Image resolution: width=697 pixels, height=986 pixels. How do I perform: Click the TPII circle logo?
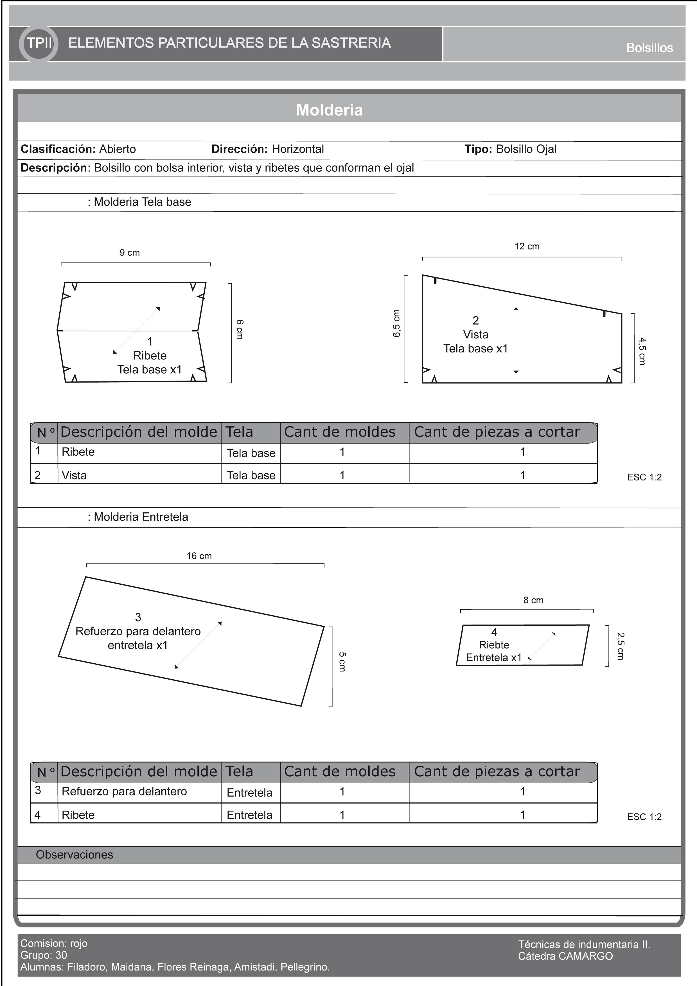coord(39,43)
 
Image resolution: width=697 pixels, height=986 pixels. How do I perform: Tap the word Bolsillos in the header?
coord(649,48)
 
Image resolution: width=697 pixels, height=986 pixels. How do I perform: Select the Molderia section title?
coord(330,110)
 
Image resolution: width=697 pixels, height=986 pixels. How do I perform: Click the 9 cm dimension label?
coord(129,252)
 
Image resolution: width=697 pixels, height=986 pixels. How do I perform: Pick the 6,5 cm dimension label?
coord(396,323)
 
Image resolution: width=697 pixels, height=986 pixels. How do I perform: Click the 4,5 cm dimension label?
coord(642,351)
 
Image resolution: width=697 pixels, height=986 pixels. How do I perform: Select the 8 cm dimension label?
coord(533,600)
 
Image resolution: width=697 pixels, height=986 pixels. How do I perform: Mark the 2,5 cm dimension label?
coord(620,646)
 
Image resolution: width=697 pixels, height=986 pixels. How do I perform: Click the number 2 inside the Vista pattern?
coord(475,320)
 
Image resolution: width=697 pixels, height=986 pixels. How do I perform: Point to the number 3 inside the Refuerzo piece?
coord(138,617)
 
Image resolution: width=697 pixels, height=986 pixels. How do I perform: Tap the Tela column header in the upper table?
coord(239,432)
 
